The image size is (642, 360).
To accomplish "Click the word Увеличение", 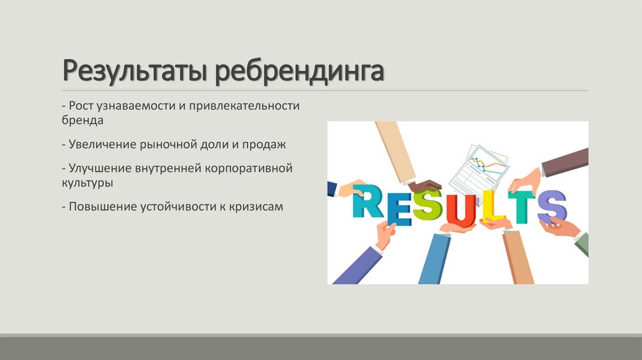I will pos(101,144).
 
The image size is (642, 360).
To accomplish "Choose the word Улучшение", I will pos(101,169).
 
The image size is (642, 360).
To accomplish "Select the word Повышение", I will pos(100,206).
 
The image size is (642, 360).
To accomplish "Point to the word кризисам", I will pos(258,206).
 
